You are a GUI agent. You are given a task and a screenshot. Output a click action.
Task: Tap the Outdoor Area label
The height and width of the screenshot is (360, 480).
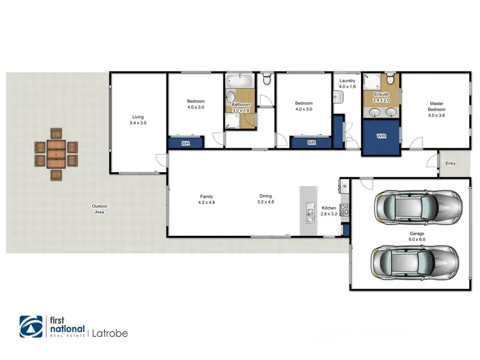coord(99,208)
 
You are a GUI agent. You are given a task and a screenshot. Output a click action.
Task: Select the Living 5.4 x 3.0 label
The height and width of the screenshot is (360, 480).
coord(138,120)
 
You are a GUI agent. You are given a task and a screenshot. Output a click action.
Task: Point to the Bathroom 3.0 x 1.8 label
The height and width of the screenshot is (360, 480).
coord(241,107)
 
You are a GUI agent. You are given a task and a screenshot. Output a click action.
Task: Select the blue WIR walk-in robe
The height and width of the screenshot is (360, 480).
coord(381,136)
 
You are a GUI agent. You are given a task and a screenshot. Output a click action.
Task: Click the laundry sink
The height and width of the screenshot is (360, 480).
coord(337,97)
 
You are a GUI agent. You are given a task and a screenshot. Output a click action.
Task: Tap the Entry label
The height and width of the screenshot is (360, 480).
coord(451,164)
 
